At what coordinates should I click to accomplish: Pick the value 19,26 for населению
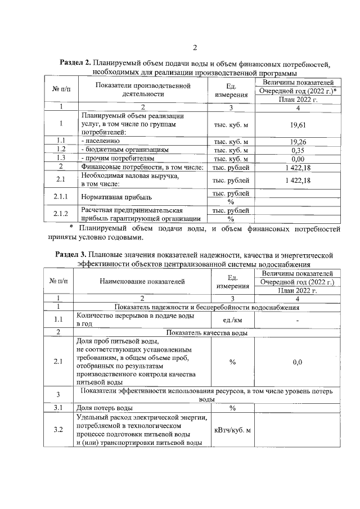pos(298,141)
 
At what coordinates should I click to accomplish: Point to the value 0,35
pos(298,150)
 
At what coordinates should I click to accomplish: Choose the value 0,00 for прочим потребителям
pos(298,159)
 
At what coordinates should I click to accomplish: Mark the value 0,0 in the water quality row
pos(298,363)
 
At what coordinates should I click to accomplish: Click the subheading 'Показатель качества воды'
pos(206,332)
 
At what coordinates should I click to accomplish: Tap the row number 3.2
pos(58,430)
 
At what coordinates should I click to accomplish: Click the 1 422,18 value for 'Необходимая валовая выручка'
pos(298,180)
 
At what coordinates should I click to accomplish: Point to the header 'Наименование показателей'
pos(142,281)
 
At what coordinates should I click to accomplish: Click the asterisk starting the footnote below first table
pos(71,228)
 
